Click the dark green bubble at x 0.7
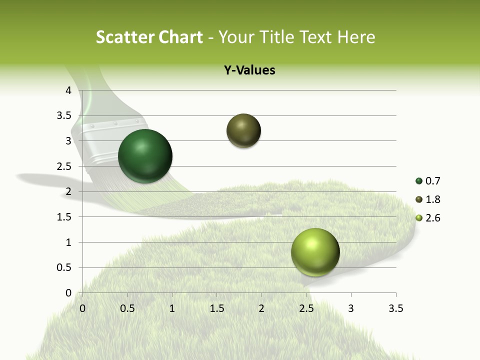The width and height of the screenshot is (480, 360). coord(145,156)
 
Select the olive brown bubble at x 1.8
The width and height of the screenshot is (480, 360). coord(243,130)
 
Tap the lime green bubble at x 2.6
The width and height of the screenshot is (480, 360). coord(315,252)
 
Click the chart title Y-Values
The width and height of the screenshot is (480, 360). coord(249,70)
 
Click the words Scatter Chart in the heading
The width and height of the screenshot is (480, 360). coord(149,37)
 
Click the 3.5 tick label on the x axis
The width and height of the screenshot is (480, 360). coord(395,308)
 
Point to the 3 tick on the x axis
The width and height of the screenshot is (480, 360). coord(351,308)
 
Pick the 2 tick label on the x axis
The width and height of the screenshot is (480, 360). coord(261,308)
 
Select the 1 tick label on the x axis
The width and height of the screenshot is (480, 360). coord(172,308)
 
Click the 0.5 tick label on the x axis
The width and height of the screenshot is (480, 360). coord(127,308)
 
